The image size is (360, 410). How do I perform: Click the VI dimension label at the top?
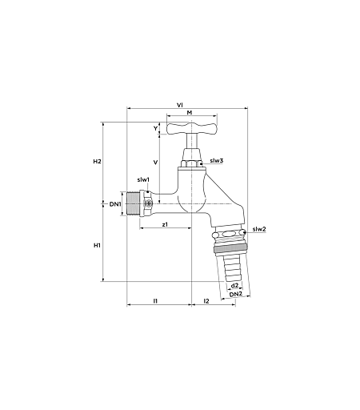coord(180,105)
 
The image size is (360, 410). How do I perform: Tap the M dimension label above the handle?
coord(190,112)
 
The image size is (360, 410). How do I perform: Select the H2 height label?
coord(97,161)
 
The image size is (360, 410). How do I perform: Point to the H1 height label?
coord(97,245)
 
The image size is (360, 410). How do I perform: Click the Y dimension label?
coord(155,128)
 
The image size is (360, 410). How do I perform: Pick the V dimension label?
coord(156,162)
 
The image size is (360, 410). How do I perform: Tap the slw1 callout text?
coord(143,179)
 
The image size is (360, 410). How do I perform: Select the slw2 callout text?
coord(259,229)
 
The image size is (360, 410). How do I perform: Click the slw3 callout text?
coord(216,160)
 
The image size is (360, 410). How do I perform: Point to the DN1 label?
coord(115,204)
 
